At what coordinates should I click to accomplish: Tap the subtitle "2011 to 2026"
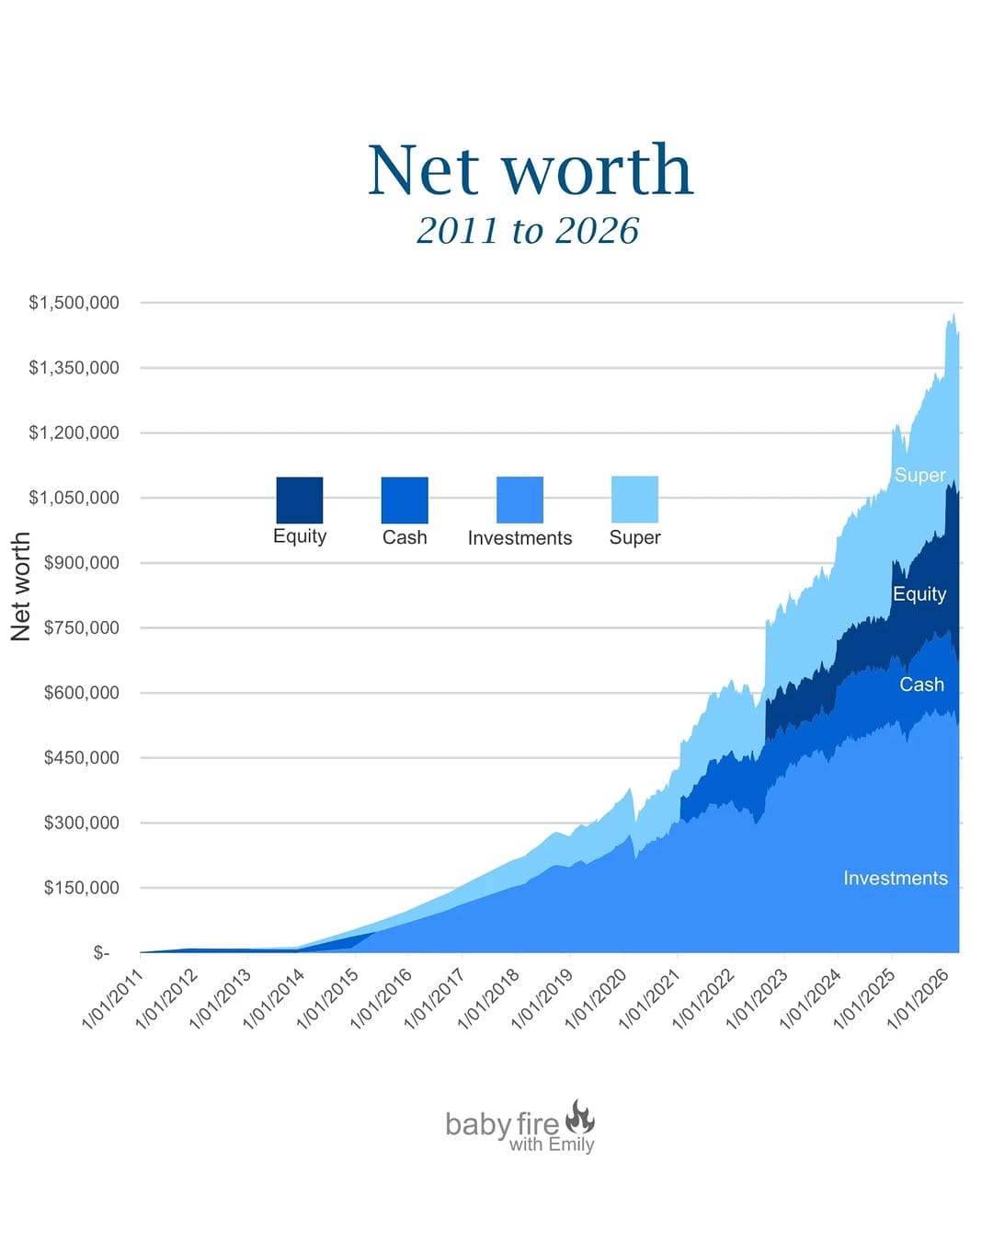[x=528, y=230]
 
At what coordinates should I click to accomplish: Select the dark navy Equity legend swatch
[x=300, y=500]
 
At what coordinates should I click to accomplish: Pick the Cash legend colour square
[x=405, y=500]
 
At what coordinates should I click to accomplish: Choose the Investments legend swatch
[x=519, y=500]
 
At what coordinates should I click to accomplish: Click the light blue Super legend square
[x=634, y=500]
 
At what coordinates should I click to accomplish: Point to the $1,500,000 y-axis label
[x=74, y=303]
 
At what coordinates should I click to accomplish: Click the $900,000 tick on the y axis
[x=81, y=563]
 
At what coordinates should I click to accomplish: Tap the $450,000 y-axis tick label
[x=81, y=758]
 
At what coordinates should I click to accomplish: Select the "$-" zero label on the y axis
[x=101, y=953]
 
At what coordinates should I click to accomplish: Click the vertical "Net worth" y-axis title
[x=20, y=586]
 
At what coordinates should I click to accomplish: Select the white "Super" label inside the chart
[x=919, y=475]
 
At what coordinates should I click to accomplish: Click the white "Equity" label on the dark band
[x=919, y=594]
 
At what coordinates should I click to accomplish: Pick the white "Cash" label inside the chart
[x=921, y=684]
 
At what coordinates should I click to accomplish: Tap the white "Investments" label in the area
[x=895, y=878]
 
